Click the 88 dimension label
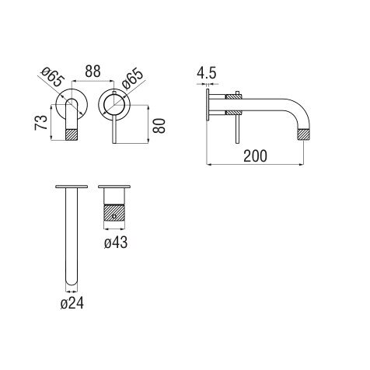point(92,72)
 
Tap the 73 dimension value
point(41,123)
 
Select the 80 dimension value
point(159,126)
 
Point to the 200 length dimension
point(255,156)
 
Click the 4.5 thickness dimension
point(206,73)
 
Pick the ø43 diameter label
point(116,243)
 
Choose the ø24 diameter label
point(72,303)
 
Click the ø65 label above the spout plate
point(52,77)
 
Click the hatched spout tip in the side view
point(303,134)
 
